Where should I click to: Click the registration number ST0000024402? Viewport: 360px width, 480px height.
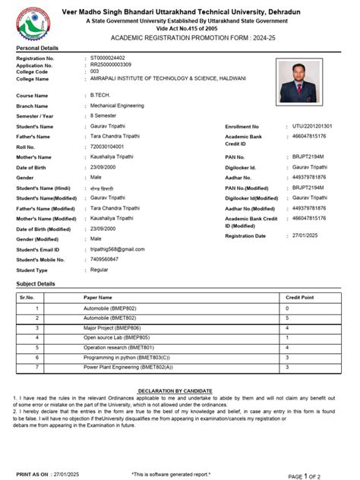click(114, 58)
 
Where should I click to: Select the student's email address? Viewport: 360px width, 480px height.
click(117, 249)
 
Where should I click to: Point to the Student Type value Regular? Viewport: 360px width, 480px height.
click(99, 270)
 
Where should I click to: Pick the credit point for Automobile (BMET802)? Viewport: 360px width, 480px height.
click(287, 318)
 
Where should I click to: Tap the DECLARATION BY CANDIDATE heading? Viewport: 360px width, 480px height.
click(180, 390)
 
